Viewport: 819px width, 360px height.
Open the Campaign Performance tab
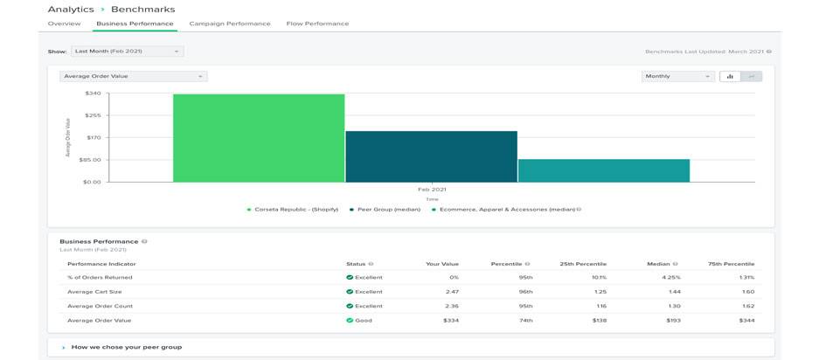click(x=229, y=24)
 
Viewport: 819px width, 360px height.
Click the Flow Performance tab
click(x=317, y=24)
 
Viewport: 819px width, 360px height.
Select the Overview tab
click(x=64, y=24)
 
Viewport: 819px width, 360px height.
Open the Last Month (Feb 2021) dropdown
click(x=127, y=52)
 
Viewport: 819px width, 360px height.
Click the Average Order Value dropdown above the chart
click(x=133, y=76)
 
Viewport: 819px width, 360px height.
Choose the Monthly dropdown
click(x=677, y=76)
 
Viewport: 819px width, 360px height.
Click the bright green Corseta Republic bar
click(x=259, y=138)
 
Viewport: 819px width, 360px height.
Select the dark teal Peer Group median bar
click(x=431, y=156)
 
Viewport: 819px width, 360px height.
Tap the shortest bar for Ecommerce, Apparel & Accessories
click(x=603, y=170)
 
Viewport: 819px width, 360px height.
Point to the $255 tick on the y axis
click(x=93, y=115)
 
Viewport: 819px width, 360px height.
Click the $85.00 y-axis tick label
click(x=91, y=160)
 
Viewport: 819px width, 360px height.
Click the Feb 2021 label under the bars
click(x=432, y=189)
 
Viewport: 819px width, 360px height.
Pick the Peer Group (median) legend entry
click(x=389, y=210)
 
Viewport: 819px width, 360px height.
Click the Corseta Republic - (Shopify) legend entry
click(x=295, y=210)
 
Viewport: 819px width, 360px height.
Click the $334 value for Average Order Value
click(x=449, y=321)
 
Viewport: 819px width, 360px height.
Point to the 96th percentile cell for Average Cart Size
click(x=524, y=292)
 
